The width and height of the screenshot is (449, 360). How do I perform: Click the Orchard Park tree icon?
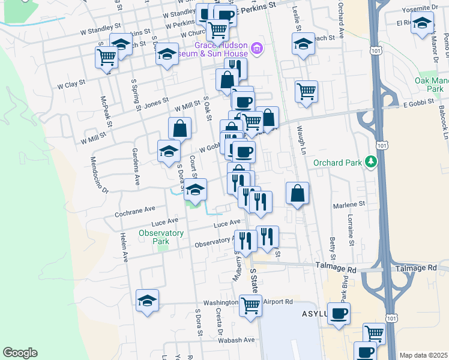[372, 161]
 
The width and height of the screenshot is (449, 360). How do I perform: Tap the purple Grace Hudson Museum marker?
[257, 49]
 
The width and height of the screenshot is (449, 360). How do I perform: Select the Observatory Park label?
[161, 237]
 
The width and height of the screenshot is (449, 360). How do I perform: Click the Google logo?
[20, 353]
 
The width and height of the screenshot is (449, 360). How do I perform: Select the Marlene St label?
[350, 204]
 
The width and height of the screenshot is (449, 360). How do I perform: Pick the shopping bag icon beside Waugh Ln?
[297, 193]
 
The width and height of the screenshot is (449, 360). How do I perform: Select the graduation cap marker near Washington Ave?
[147, 301]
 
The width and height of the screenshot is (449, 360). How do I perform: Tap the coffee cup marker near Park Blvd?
[339, 313]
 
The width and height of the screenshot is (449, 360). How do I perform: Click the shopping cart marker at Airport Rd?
[250, 304]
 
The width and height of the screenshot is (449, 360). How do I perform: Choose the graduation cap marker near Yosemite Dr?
[423, 23]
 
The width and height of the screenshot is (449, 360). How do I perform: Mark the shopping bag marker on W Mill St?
[179, 128]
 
